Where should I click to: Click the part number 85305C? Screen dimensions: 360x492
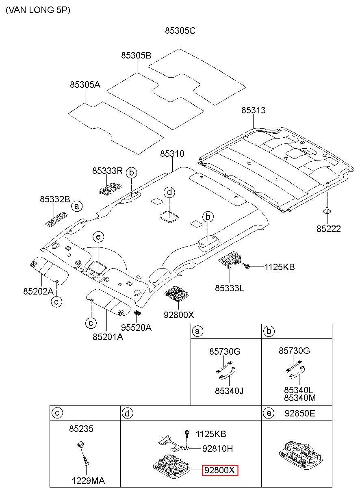tap(180, 30)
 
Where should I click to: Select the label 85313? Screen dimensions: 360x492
tap(253, 110)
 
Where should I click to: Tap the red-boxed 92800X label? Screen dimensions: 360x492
tap(220, 470)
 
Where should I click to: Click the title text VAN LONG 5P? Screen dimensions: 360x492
tap(38, 10)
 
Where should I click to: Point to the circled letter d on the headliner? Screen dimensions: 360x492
tap(169, 193)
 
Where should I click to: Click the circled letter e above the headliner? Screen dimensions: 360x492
tap(98, 237)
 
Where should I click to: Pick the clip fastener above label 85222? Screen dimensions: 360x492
tap(327, 210)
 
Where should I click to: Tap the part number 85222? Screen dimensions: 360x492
tap(329, 229)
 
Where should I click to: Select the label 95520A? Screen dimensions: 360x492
tap(136, 327)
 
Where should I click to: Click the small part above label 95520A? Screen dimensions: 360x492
tap(137, 313)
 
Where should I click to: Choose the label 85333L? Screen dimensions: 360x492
tap(229, 288)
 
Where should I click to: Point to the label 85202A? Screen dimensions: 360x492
tap(39, 291)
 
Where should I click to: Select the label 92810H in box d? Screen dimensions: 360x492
tap(217, 449)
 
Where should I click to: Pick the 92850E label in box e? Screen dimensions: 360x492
tap(300, 413)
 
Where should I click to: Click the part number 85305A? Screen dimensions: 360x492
tap(85, 85)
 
